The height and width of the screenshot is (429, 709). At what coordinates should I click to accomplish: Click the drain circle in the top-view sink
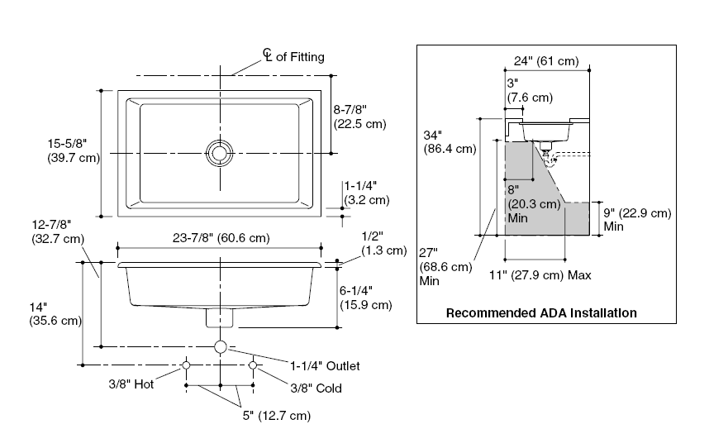pos(220,152)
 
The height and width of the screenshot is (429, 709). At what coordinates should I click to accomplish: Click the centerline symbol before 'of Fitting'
pos(268,55)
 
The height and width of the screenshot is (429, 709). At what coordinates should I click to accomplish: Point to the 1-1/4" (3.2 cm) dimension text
pos(366,193)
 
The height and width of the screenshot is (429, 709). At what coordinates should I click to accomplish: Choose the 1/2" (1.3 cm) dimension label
pos(384,242)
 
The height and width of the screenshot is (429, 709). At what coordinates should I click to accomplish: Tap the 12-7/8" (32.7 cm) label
pos(58,231)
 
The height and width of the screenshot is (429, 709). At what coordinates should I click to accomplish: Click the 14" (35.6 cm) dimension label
pos(55,312)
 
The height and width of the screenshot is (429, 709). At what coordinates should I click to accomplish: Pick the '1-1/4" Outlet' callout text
pos(325,365)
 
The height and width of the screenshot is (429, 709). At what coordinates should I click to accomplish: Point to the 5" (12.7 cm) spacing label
pos(276,415)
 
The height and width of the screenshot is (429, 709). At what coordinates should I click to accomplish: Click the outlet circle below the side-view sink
pos(221,347)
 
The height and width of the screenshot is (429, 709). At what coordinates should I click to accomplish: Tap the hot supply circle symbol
pos(187,365)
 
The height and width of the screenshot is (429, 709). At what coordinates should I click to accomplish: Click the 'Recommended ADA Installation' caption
pos(541,313)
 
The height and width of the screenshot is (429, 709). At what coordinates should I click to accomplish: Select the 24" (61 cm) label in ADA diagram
pos(545,61)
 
